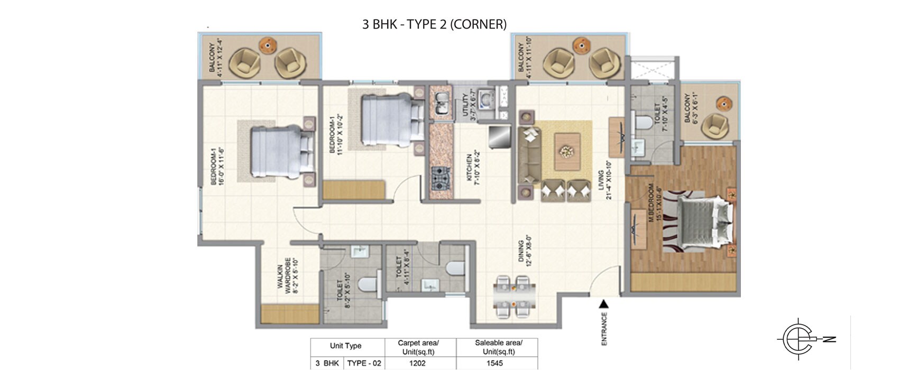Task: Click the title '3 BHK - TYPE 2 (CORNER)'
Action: tap(434, 24)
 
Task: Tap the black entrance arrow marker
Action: tap(603, 303)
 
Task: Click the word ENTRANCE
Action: tap(604, 329)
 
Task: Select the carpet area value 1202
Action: tap(418, 363)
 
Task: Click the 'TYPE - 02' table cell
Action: tap(364, 363)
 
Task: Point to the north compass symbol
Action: tap(804, 339)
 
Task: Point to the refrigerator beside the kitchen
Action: tap(499, 137)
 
